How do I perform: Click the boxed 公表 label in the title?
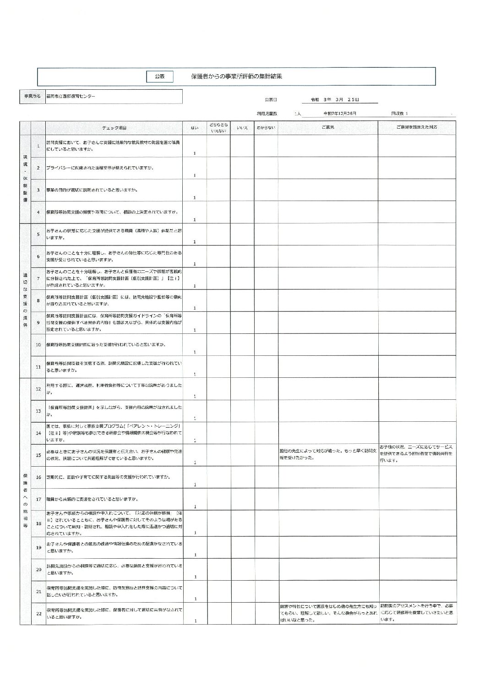point(159,76)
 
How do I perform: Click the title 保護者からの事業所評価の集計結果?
point(236,76)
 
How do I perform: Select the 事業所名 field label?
point(32,96)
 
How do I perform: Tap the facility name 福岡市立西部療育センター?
point(71,96)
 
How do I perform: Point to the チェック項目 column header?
point(114,128)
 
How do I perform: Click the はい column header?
point(195,128)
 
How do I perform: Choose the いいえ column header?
point(242,128)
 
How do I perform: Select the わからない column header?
point(266,128)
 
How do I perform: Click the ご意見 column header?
point(327,128)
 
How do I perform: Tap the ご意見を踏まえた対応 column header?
point(416,128)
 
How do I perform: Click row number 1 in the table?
point(38,146)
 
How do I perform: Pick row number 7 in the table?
point(38,278)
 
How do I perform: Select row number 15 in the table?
point(38,455)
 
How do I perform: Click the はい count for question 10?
point(195,352)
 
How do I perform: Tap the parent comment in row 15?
point(328,454)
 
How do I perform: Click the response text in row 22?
point(416,612)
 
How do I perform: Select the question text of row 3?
point(92,190)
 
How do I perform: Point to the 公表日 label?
point(271,99)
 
